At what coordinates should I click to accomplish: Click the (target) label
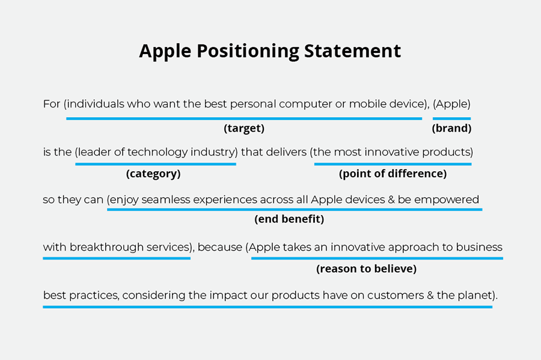[x=244, y=128]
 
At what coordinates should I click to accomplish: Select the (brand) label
[x=451, y=128]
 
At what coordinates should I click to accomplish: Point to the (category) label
[x=153, y=174]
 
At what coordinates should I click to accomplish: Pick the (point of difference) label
[x=393, y=174]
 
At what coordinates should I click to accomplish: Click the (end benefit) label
[x=289, y=219]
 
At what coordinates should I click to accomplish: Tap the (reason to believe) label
[x=366, y=269]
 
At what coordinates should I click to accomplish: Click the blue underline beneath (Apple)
[x=451, y=118]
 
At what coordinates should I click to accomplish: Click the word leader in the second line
[x=96, y=152]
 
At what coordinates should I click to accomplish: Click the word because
[x=219, y=247]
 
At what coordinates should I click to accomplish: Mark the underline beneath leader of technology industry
[x=155, y=164]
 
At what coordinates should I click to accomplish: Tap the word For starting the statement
[x=52, y=104]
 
